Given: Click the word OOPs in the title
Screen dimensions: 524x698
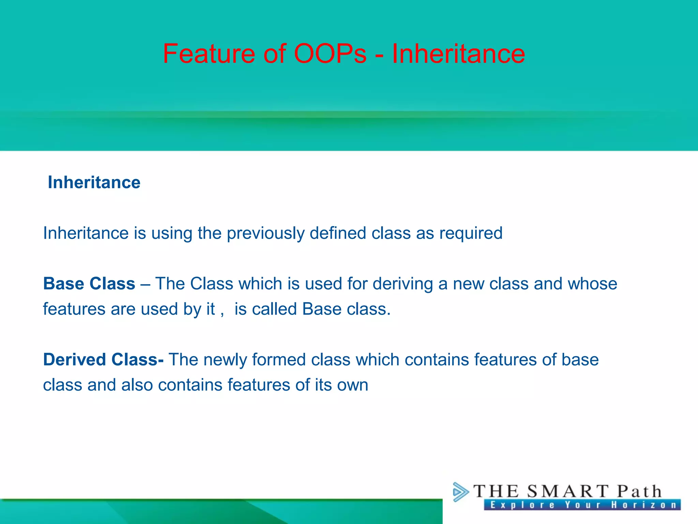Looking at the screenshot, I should coord(330,54).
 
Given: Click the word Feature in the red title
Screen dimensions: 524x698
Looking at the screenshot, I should coord(209,54).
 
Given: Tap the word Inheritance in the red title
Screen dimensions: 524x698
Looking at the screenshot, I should coord(458,54).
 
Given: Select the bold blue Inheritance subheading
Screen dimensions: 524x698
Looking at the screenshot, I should coord(94,182).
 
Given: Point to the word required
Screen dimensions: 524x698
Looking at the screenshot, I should coord(471,233).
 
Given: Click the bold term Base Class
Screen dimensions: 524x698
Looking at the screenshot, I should coord(89,284).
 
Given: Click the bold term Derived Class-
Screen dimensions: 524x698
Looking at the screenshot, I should coord(103,360).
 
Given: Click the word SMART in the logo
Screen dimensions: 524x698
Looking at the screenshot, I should coord(567,492).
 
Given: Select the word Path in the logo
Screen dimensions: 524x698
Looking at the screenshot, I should coord(639,492).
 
